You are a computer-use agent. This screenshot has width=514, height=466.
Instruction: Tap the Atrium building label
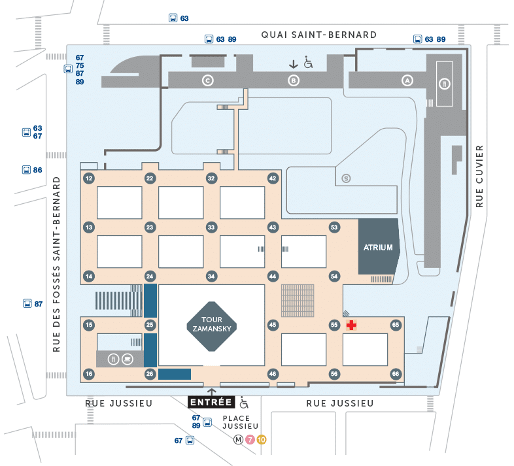click(379, 248)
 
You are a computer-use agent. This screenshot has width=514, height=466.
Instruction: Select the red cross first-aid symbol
click(351, 325)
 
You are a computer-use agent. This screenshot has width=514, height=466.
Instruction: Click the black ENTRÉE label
click(211, 402)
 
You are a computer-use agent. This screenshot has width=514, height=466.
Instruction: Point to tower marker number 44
click(273, 276)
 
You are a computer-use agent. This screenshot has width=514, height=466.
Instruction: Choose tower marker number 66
click(395, 374)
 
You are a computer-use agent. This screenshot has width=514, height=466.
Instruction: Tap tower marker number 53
click(334, 227)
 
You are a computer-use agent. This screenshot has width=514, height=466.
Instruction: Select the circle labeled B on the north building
click(294, 80)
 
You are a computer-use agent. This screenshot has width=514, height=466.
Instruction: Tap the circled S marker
click(346, 177)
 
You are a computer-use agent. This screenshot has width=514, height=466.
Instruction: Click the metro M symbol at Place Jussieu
click(239, 439)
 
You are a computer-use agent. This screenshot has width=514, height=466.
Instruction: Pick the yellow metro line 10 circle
click(261, 439)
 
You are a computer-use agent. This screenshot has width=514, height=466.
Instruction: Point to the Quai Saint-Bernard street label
click(318, 35)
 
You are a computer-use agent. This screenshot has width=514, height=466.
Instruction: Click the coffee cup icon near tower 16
click(127, 358)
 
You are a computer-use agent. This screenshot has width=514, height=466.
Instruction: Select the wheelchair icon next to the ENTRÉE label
click(244, 403)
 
